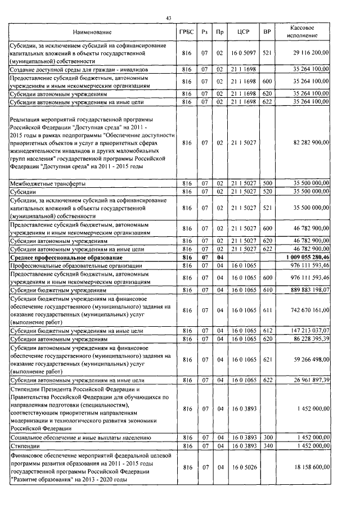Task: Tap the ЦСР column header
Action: point(243,32)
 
